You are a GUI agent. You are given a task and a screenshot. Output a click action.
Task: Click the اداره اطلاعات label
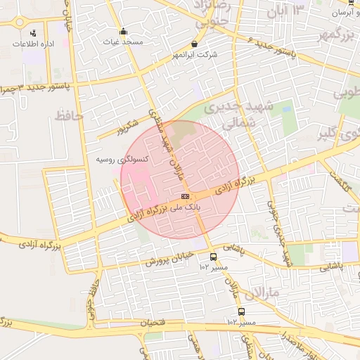click(x=30, y=44)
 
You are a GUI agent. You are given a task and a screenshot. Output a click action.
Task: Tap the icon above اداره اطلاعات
click(x=32, y=32)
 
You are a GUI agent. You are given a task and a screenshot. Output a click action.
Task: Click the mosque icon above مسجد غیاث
click(x=124, y=31)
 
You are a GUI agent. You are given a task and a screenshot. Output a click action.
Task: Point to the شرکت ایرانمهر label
click(x=195, y=54)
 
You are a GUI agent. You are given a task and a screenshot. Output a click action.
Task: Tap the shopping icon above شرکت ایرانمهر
click(x=194, y=44)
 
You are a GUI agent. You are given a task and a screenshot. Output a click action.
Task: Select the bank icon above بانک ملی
click(x=185, y=196)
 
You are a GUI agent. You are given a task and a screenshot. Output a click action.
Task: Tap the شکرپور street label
click(x=113, y=129)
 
